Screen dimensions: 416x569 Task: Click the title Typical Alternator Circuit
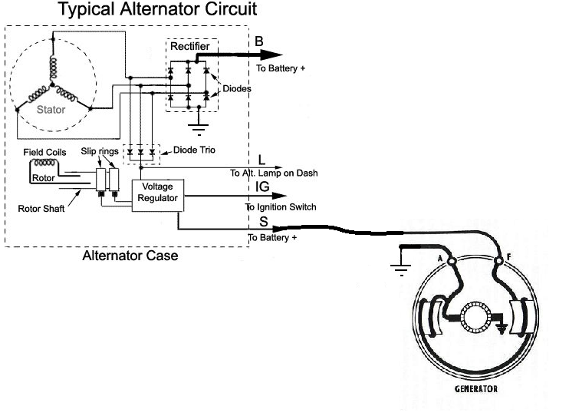pyautogui.click(x=157, y=10)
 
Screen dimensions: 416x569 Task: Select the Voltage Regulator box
pyautogui.click(x=156, y=192)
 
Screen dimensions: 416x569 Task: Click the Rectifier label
pyautogui.click(x=190, y=47)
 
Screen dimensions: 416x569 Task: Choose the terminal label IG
pyautogui.click(x=262, y=187)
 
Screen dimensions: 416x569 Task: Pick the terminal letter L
pyautogui.click(x=261, y=160)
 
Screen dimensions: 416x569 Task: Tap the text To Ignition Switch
pyautogui.click(x=281, y=207)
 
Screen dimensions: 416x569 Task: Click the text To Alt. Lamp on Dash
pyautogui.click(x=274, y=173)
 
